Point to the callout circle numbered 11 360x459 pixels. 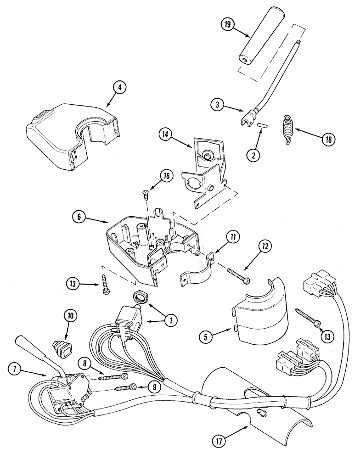click(x=234, y=238)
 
